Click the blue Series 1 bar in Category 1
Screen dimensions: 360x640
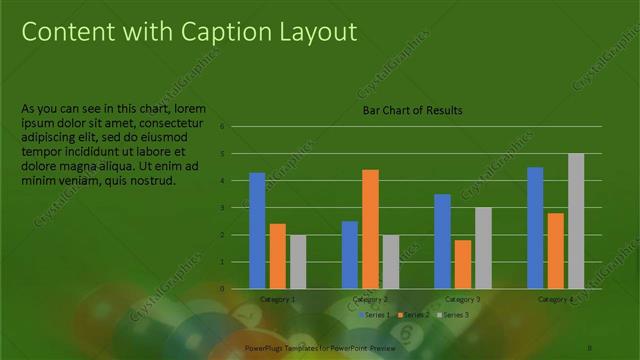pyautogui.click(x=257, y=230)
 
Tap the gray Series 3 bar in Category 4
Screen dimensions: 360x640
pyautogui.click(x=576, y=220)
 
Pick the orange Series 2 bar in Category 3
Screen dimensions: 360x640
pyautogui.click(x=463, y=264)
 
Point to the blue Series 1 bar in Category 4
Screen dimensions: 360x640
pyautogui.click(x=535, y=227)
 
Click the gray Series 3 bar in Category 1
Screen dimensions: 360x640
pyautogui.click(x=297, y=261)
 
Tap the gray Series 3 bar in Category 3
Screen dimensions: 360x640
pyautogui.click(x=483, y=247)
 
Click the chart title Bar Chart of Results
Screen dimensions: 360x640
pyautogui.click(x=412, y=110)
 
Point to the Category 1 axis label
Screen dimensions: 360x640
pyautogui.click(x=277, y=299)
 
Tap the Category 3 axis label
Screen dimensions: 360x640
pyautogui.click(x=463, y=299)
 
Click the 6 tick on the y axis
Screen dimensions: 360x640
pyautogui.click(x=236, y=127)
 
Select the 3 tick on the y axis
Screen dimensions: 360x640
pyautogui.click(x=236, y=208)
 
